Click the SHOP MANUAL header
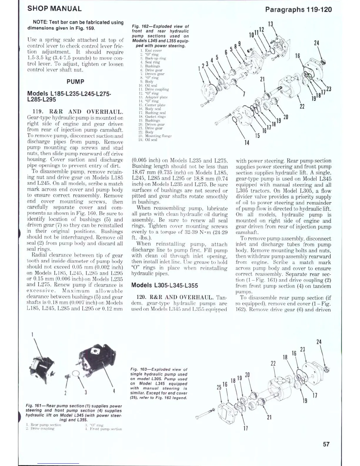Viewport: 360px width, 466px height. coord(54,9)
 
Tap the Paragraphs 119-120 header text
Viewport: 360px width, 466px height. coord(298,9)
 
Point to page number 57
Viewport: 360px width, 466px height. coord(326,444)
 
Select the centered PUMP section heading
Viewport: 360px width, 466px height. coord(75,81)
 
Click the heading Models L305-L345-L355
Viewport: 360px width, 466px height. coord(164,285)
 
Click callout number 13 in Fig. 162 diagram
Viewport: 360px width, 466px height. coord(270,24)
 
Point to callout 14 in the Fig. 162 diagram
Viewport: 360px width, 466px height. coord(247,142)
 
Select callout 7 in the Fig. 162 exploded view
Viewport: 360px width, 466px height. coord(244,94)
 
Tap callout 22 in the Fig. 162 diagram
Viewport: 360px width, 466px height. coord(302,106)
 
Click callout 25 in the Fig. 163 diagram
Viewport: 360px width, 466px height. coord(219,387)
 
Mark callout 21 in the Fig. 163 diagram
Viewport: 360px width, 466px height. coord(269,417)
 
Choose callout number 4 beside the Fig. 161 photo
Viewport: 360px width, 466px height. coord(114,391)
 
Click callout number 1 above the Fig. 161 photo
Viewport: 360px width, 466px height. coord(32,334)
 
